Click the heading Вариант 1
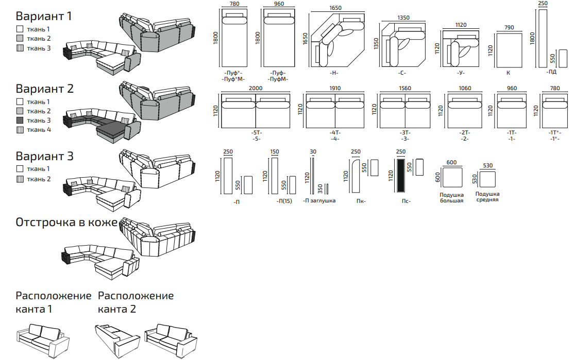(44, 16)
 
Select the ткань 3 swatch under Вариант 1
(20, 48)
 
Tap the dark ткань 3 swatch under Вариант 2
(20, 121)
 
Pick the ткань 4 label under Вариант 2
(39, 130)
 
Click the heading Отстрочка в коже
(66, 222)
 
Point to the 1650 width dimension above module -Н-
(335, 8)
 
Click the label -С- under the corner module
(402, 73)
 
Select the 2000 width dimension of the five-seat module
(255, 88)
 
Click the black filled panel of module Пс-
(401, 176)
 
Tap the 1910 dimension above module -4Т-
(334, 88)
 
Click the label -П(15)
(284, 201)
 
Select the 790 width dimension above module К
(509, 27)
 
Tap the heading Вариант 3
(44, 156)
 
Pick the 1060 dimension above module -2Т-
(464, 88)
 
